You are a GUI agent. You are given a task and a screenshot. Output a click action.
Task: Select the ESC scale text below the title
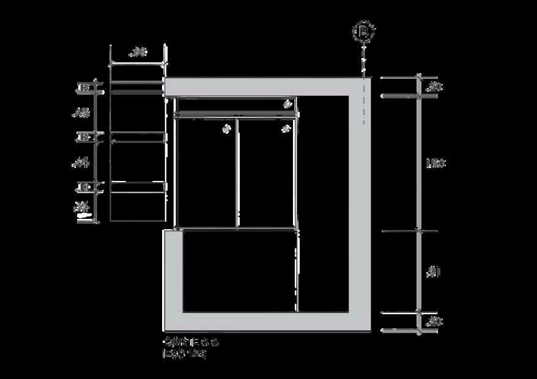click(183, 353)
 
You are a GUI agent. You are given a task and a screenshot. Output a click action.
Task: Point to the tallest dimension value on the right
click(435, 163)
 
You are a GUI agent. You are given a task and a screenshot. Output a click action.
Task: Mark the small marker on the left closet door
click(226, 129)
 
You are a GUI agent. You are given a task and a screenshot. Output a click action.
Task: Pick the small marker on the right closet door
click(285, 129)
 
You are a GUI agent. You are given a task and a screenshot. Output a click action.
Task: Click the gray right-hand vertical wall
click(360, 202)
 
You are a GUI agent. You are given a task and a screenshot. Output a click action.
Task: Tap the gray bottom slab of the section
click(269, 322)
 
